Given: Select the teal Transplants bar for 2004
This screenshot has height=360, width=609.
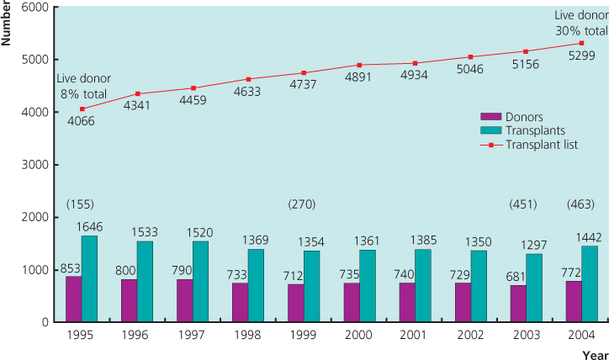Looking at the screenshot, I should click(589, 283).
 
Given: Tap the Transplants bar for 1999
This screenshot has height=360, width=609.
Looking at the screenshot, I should click(311, 286).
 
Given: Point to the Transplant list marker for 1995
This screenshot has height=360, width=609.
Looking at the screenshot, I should click(82, 109).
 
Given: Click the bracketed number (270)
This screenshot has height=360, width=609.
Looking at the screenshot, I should click(304, 204).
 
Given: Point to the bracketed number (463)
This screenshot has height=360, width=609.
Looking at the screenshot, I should click(582, 204).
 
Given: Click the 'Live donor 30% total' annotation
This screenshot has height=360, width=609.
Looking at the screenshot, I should click(580, 23).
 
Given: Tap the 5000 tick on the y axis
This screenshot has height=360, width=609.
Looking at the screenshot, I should click(36, 59).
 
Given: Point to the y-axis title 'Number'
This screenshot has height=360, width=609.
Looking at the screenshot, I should click(7, 24).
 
